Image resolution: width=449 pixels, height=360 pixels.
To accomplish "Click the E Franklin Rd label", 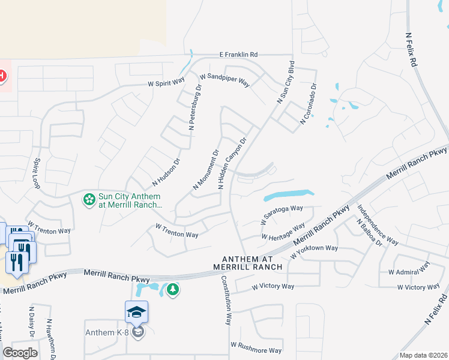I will coord(238,54).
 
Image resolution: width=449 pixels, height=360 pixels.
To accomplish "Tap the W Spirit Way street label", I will coord(166,84).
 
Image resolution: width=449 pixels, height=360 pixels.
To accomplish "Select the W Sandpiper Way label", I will coord(224,80).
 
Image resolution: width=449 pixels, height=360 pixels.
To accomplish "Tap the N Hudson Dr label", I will coord(166,171).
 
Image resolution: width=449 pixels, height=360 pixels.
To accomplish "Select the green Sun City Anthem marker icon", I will coord(89,199).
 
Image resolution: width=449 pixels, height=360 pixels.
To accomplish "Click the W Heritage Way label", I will coord(283,231).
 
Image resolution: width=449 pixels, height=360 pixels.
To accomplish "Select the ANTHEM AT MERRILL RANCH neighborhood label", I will coord(247,262).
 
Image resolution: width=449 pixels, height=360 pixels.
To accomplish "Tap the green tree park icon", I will coord(173,290).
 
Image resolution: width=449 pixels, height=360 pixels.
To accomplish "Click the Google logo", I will coord(20,353).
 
